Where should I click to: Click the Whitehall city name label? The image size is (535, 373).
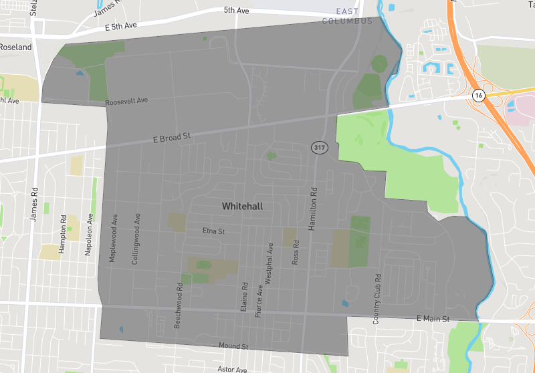coord(242,207)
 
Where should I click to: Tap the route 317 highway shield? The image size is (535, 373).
coord(318,147)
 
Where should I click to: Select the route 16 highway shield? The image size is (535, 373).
coord(477,96)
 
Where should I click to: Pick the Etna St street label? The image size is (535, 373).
coord(213,231)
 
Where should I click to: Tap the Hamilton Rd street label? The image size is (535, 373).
coord(311,209)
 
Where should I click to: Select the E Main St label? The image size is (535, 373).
coord(434,319)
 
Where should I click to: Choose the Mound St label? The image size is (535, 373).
coord(233,346)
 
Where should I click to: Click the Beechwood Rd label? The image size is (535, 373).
coord(179,304)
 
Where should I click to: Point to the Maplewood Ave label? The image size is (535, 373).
coord(114,239)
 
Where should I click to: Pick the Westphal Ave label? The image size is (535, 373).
coord(270,265)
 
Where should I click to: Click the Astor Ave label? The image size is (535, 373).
coord(233,369)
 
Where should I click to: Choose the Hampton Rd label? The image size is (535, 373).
coord(63,233)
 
